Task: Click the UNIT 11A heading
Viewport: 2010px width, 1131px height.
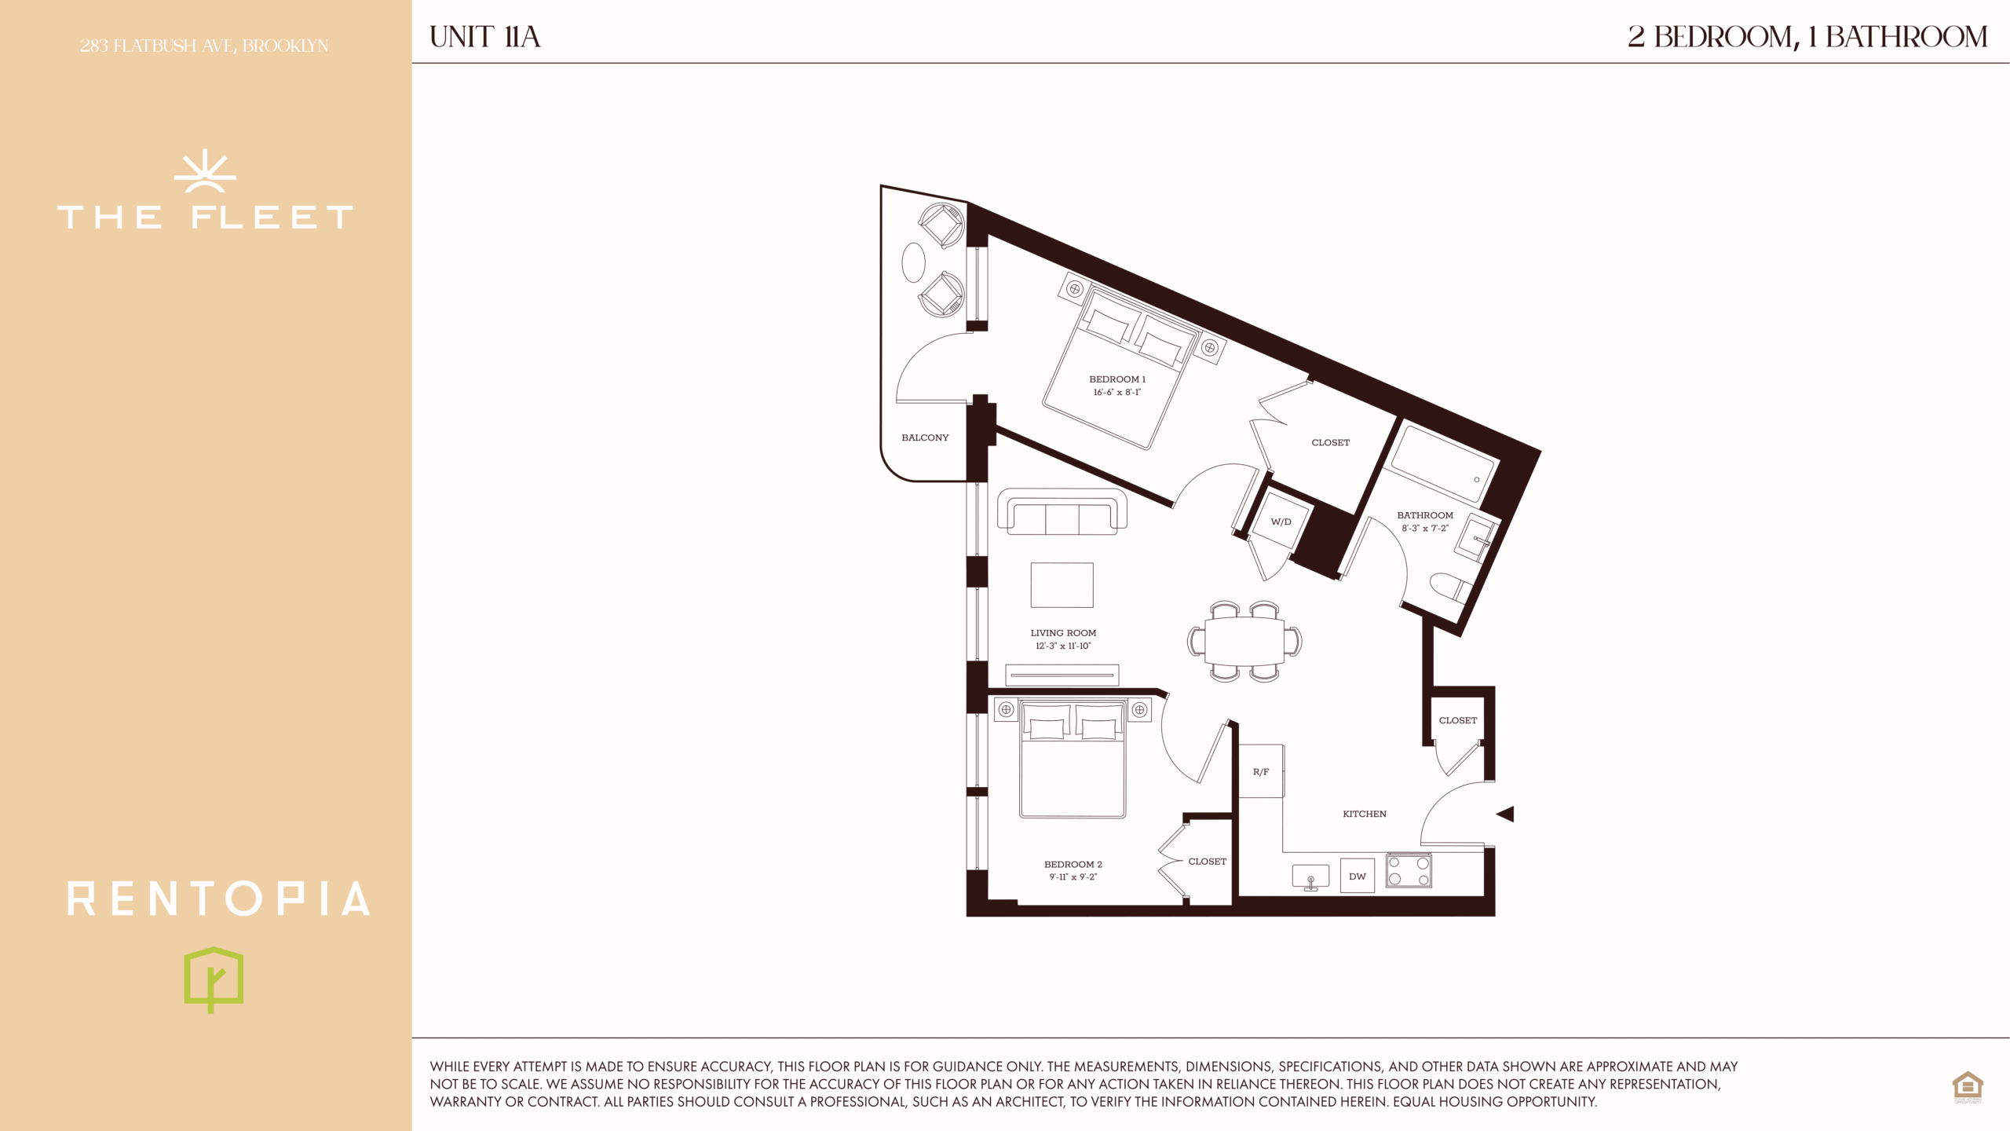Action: point(485,37)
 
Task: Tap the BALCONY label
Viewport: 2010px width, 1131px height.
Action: point(925,437)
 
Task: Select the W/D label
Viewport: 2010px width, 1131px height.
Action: point(1281,522)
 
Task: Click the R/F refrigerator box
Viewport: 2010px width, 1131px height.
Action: point(1261,771)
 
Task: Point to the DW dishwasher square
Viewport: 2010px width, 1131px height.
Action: point(1358,876)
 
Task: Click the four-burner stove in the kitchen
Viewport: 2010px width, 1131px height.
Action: point(1409,871)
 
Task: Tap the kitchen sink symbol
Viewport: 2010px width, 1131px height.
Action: point(1310,877)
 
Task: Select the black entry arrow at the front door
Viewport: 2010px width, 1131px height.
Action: point(1505,814)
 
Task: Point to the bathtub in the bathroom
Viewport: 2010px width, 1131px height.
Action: point(1439,464)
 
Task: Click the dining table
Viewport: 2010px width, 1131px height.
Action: point(1244,641)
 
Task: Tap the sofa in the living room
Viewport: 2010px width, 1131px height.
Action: point(1062,512)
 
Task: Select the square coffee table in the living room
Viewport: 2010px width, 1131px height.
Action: point(1062,585)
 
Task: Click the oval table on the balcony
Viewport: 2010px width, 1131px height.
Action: point(913,262)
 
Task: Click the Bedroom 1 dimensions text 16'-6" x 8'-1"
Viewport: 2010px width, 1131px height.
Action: point(1116,392)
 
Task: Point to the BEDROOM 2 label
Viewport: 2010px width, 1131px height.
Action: point(1073,864)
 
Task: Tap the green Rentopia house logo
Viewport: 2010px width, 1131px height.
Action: point(214,979)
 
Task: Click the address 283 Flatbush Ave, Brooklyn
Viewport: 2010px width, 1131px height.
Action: point(204,46)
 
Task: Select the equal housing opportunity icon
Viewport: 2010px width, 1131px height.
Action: point(1968,1087)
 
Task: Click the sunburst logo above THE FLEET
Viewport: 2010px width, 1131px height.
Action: point(205,171)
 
